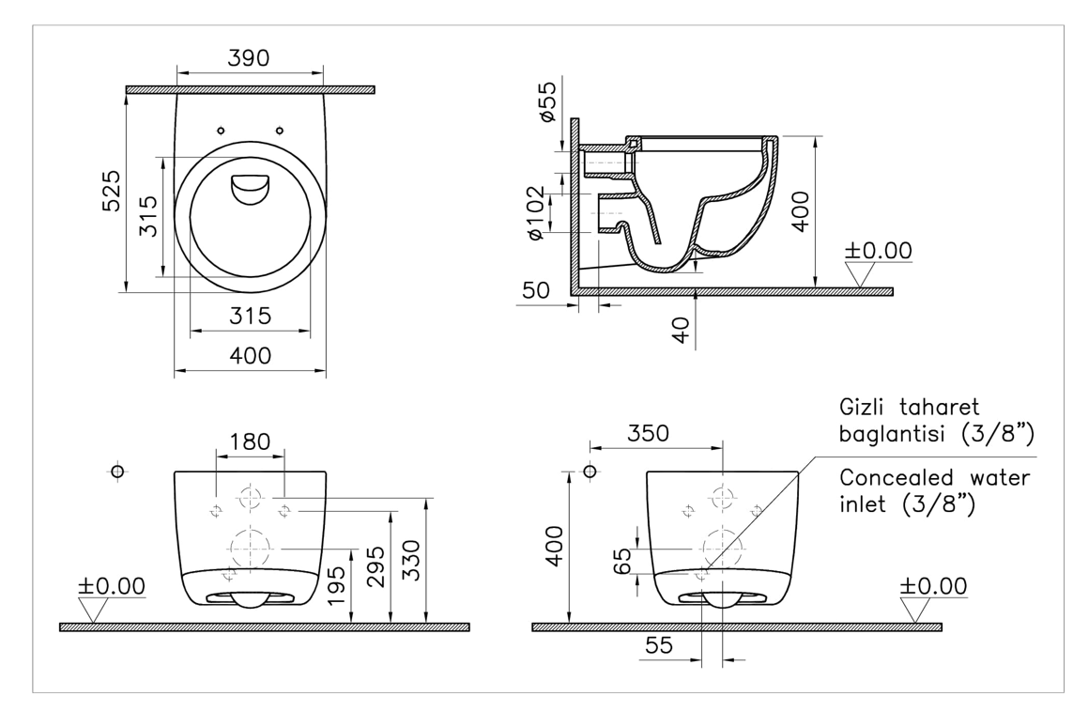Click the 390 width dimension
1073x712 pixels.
click(249, 58)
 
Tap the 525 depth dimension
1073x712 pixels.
click(112, 191)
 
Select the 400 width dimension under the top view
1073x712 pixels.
click(251, 356)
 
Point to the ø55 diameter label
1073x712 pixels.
click(548, 101)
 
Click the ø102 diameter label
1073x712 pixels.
click(536, 213)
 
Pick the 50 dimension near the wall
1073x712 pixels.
click(536, 290)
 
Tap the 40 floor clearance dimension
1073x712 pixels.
click(682, 331)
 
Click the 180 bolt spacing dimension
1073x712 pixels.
click(251, 442)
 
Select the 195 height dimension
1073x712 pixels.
click(336, 586)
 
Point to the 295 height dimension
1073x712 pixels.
click(376, 566)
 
